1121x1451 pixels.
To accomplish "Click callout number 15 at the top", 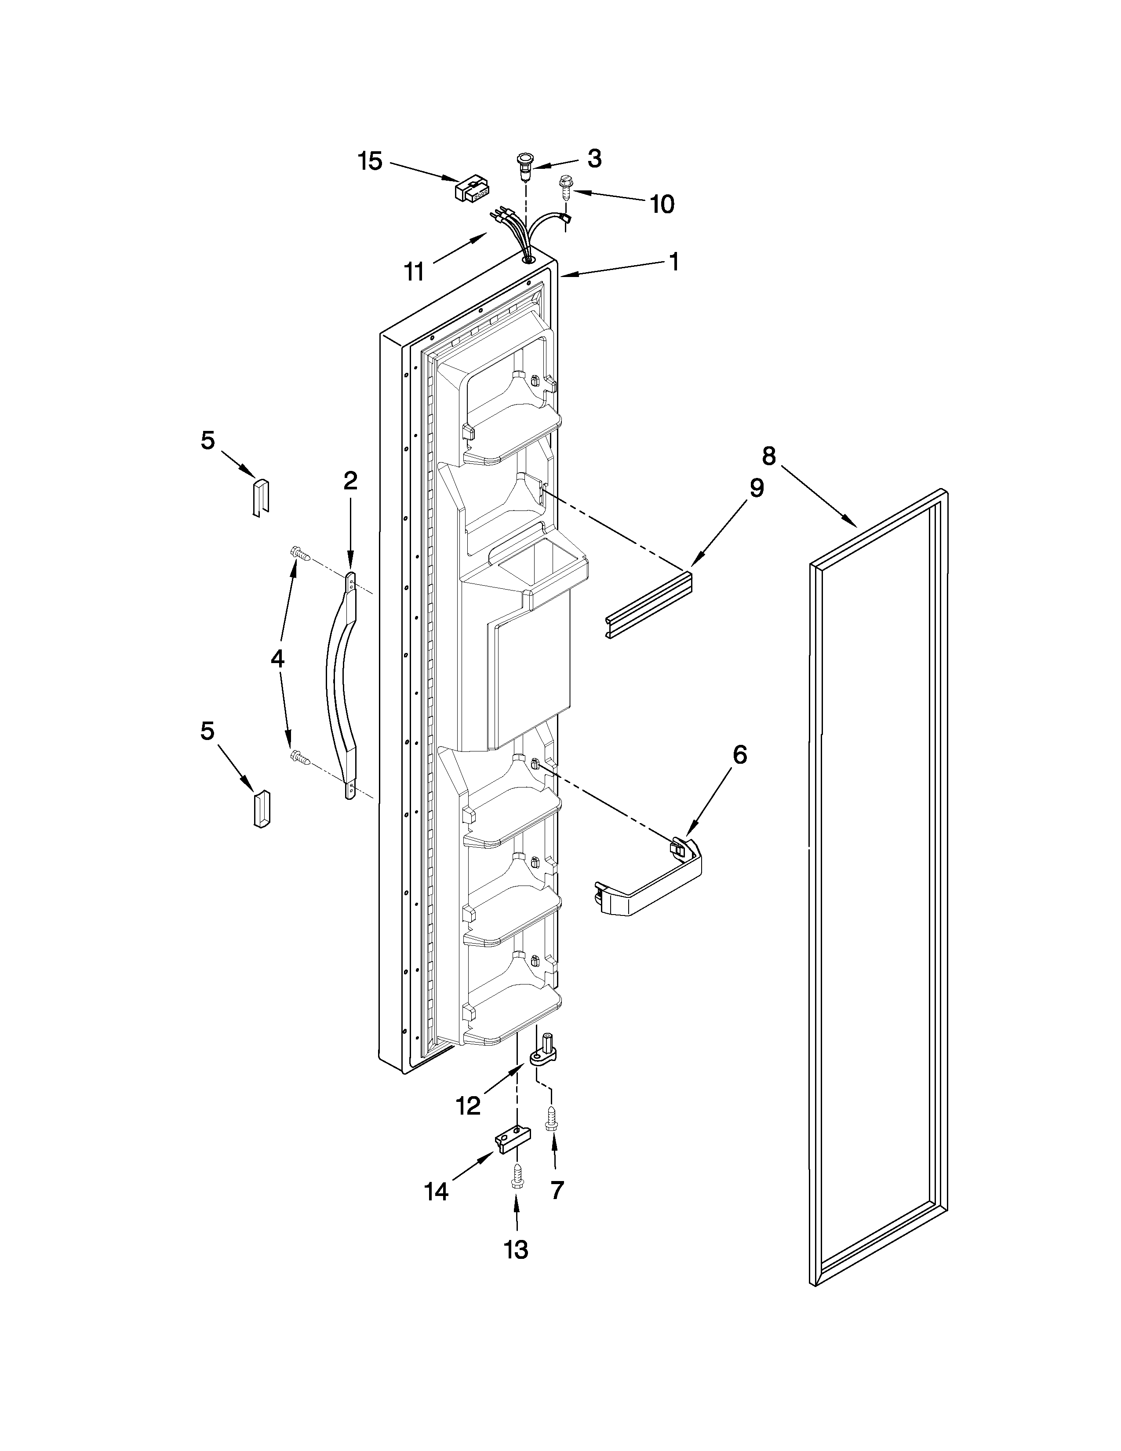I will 371,161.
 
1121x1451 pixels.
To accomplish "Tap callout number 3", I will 594,158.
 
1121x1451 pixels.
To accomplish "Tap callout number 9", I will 756,488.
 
